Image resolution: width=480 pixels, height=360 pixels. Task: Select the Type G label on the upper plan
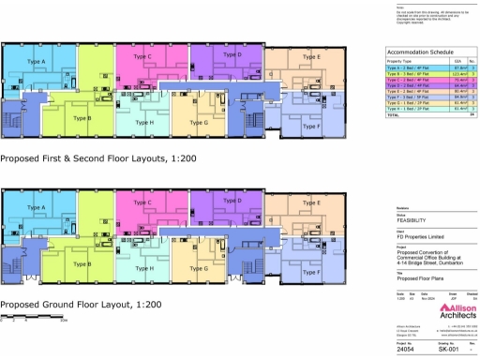point(198,123)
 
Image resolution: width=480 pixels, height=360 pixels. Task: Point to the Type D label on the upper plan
point(233,55)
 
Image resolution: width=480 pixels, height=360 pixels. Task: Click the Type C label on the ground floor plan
point(143,202)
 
